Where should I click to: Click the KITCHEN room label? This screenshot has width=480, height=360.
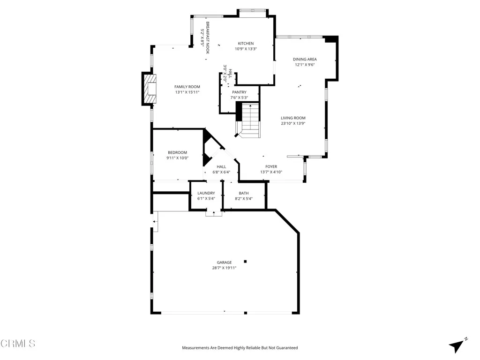pyautogui.click(x=246, y=44)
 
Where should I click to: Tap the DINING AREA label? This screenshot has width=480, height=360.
pyautogui.click(x=305, y=60)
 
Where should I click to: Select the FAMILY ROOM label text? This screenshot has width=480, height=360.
pyautogui.click(x=187, y=87)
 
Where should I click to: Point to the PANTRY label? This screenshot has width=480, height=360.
pyautogui.click(x=239, y=92)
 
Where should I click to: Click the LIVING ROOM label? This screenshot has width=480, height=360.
pyautogui.click(x=293, y=118)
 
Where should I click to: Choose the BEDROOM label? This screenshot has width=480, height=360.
pyautogui.click(x=178, y=152)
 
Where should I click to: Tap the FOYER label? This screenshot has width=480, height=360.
pyautogui.click(x=271, y=166)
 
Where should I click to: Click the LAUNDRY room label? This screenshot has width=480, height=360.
pyautogui.click(x=206, y=193)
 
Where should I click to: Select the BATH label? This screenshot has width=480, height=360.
pyautogui.click(x=244, y=193)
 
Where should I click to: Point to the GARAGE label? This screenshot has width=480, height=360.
pyautogui.click(x=224, y=262)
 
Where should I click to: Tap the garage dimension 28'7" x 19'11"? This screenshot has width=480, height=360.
pyautogui.click(x=224, y=268)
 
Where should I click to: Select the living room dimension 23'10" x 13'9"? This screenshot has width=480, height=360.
pyautogui.click(x=293, y=124)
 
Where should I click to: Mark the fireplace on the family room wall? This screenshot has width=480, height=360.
pyautogui.click(x=150, y=89)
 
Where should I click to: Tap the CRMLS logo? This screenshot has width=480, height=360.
pyautogui.click(x=18, y=344)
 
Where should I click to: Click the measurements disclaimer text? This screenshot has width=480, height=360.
pyautogui.click(x=240, y=348)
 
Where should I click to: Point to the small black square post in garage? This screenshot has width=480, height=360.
pyautogui.click(x=245, y=262)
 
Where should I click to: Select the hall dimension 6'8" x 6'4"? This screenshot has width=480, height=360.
pyautogui.click(x=221, y=172)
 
